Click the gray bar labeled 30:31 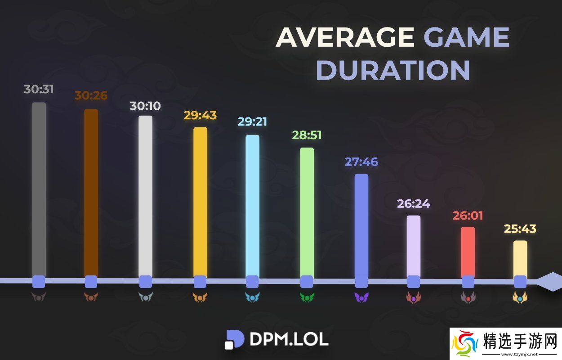point(39,189)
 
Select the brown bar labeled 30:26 point(91,193)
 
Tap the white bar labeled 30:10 point(145,196)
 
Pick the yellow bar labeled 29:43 point(201,202)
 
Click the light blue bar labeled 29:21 point(252,205)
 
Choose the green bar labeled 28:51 point(307,211)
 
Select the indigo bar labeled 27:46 point(361,225)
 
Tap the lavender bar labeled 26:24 point(414,246)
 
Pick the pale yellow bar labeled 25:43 point(520,258)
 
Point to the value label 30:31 point(39,89)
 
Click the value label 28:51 point(307,135)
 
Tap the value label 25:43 point(520,229)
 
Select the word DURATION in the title point(393,70)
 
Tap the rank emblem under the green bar point(307,297)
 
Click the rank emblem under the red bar point(468,297)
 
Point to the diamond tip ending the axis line point(549,282)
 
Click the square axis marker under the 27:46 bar point(361,282)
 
